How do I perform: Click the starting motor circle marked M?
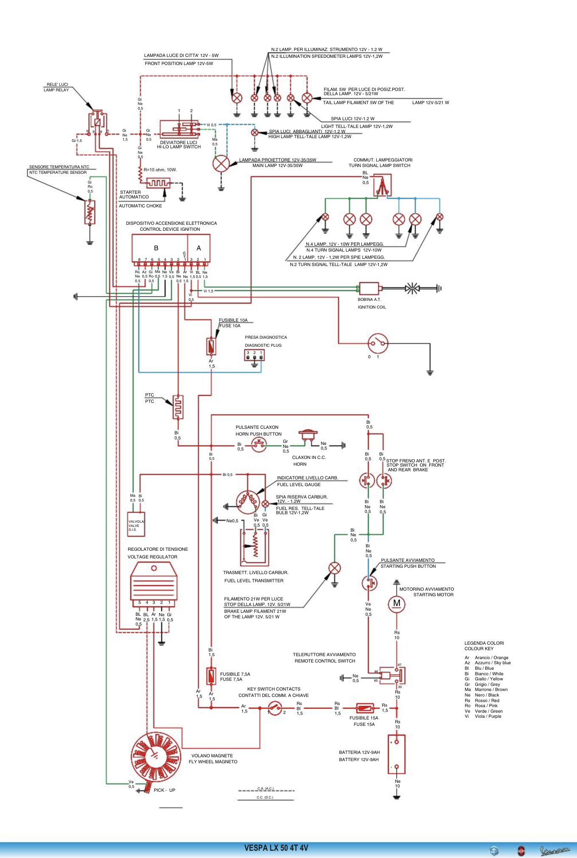coord(397,603)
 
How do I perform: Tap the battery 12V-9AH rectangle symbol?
coord(397,754)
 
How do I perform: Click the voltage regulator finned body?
coord(154,582)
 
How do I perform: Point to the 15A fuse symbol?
coord(365,708)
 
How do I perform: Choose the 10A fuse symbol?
coord(211,346)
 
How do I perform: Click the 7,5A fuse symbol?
coord(211,676)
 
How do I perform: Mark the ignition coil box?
coord(369,289)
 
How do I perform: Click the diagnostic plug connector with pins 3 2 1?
coord(254,355)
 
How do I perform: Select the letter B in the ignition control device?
coord(156,248)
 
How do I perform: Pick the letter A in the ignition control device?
coord(199,248)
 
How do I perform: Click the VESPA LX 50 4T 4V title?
coord(276,848)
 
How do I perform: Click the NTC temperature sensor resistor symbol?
coord(90,212)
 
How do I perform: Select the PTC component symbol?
coord(178,407)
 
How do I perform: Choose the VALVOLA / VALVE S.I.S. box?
coord(136,525)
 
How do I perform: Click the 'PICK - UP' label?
coord(164,790)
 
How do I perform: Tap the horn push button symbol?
coord(259,445)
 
